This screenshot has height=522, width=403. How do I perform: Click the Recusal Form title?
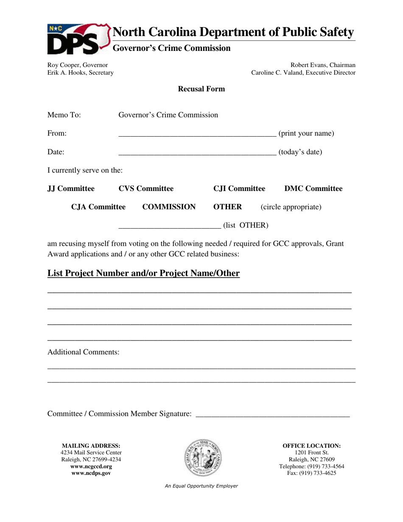[x=201, y=89]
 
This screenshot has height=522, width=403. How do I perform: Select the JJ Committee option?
[x=71, y=188]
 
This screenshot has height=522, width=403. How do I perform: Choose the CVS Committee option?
[x=146, y=188]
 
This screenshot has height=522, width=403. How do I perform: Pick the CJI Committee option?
[x=239, y=188]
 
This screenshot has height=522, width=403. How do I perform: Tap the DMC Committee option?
[x=313, y=188]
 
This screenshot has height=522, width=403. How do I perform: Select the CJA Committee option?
[x=98, y=207]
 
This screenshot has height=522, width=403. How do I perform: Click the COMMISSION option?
[x=169, y=207]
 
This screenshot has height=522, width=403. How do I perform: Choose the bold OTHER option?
[x=227, y=207]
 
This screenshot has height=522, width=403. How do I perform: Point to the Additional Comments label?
[x=83, y=352]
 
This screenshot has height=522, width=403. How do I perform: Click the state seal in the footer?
[x=202, y=458]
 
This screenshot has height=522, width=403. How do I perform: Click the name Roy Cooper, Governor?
[x=78, y=65]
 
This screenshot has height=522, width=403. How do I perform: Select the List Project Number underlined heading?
[x=143, y=273]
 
